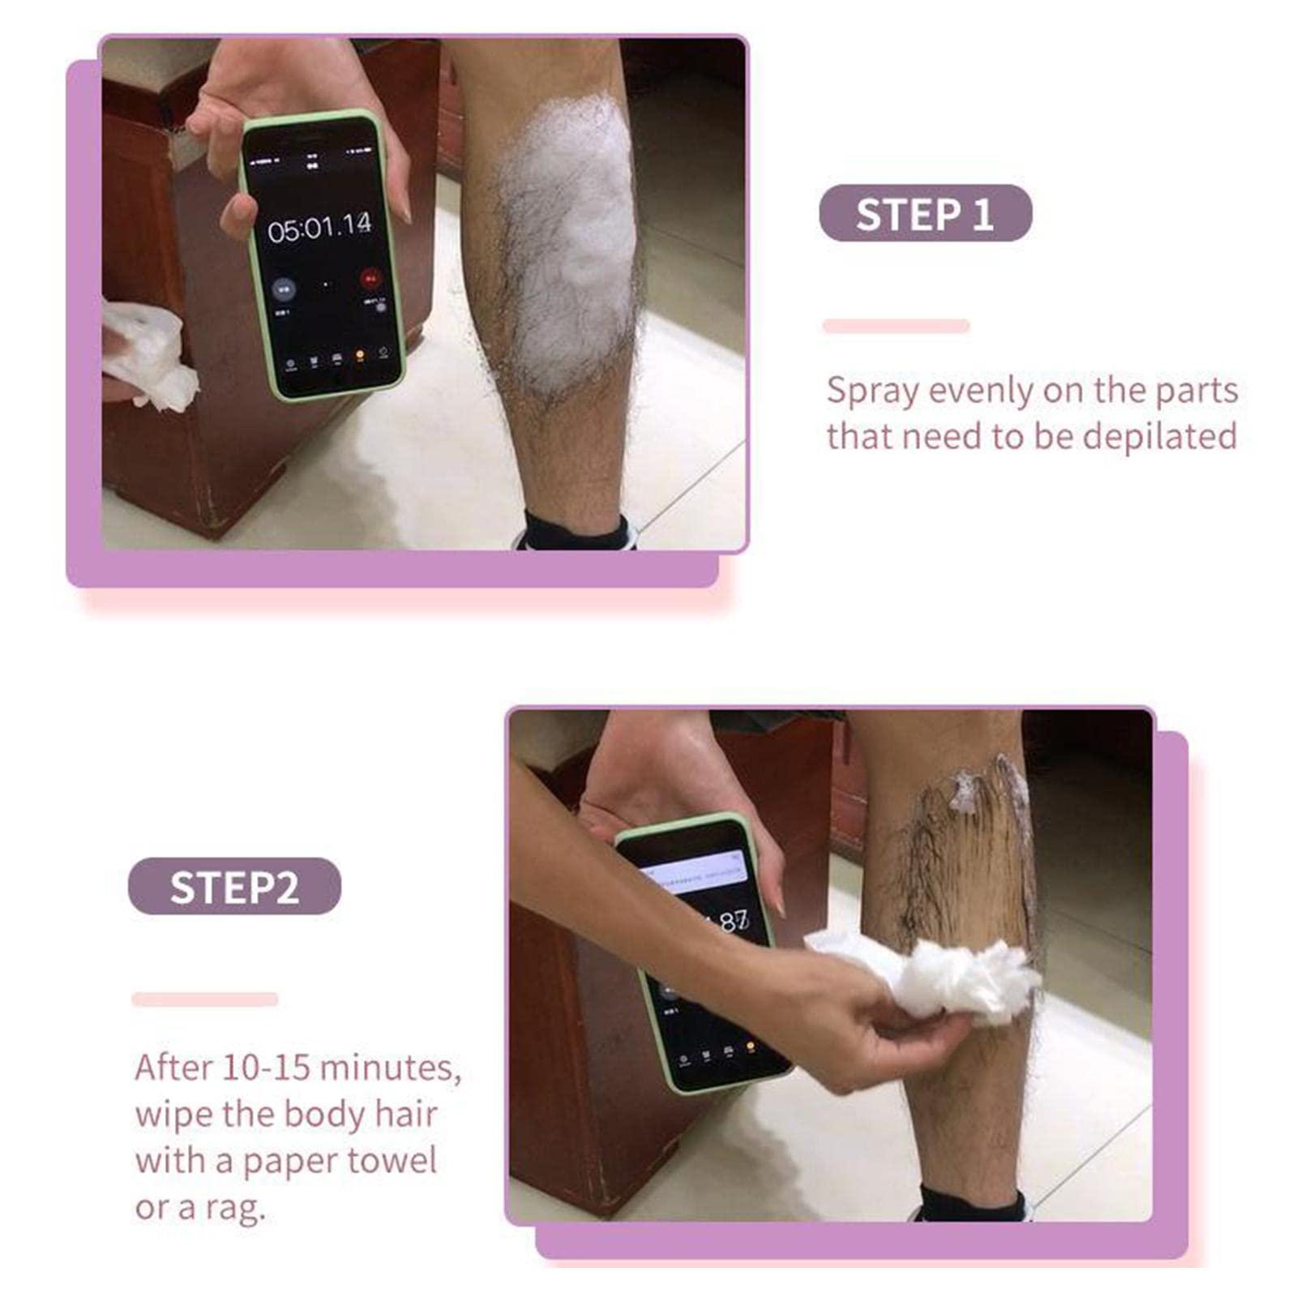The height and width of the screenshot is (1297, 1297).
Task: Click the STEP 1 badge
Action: [x=925, y=213]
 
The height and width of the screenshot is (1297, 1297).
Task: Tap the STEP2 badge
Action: [x=234, y=886]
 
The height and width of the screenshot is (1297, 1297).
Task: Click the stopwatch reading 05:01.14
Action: [x=319, y=228]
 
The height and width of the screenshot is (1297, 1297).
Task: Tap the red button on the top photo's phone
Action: [x=370, y=279]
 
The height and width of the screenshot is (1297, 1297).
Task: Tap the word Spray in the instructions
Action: [x=872, y=391]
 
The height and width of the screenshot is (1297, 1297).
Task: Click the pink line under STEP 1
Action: [x=896, y=326]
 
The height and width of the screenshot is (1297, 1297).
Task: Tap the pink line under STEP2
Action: [x=204, y=999]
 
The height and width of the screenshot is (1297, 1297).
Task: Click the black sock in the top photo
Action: [x=576, y=533]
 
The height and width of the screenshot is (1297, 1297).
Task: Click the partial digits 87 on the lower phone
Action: [x=733, y=921]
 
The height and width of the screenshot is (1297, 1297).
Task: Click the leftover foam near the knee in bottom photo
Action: [x=966, y=790]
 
